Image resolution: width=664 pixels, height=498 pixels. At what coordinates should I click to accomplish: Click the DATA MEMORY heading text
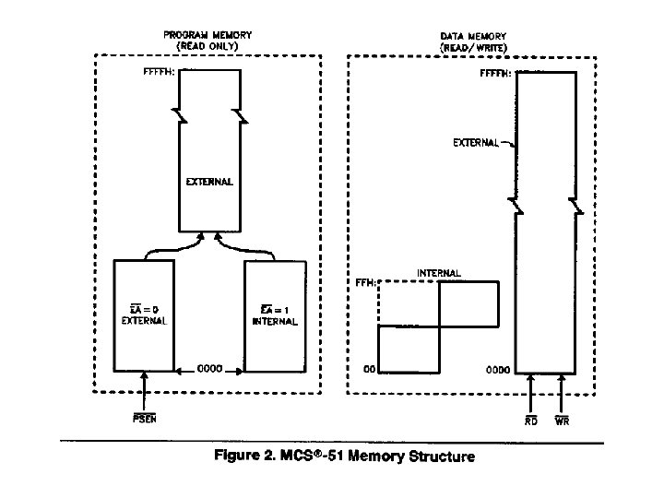[x=471, y=40]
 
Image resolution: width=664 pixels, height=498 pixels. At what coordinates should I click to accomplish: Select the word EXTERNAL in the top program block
[x=210, y=182]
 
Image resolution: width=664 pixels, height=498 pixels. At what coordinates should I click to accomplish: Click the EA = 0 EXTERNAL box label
[x=144, y=315]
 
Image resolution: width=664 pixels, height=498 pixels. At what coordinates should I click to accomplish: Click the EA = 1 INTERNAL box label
[x=273, y=315]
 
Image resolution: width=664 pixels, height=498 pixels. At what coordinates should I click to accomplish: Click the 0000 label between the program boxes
[x=209, y=370]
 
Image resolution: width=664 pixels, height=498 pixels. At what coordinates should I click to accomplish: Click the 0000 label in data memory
[x=498, y=370]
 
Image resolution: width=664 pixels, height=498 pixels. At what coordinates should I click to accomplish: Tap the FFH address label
[x=362, y=282]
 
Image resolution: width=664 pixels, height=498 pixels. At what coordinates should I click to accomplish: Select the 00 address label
[x=367, y=370]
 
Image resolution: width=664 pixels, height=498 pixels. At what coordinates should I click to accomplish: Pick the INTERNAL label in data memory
[x=439, y=273]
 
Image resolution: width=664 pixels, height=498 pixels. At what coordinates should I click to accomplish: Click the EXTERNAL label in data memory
[x=475, y=143]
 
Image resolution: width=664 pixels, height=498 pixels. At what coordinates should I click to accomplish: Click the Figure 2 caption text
[x=344, y=456]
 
